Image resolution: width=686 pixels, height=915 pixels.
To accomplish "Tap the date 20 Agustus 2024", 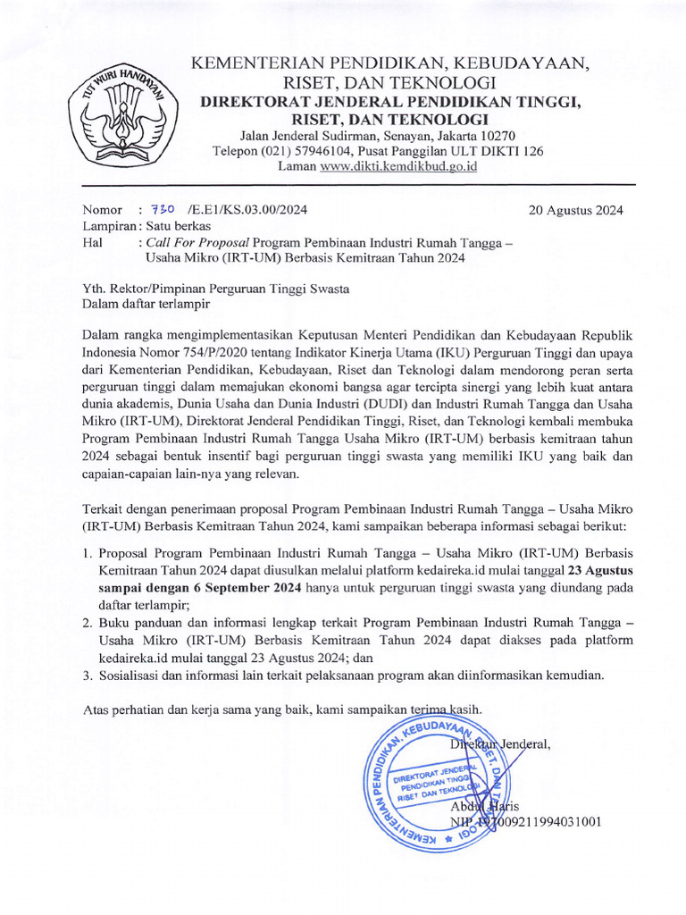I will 576,211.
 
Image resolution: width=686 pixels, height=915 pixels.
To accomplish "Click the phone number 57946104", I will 319,151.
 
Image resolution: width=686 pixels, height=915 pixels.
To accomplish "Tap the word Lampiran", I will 108,227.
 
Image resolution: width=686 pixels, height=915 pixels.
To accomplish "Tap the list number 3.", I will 87,676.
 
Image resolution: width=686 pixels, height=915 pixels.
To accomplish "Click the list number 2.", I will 87,624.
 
